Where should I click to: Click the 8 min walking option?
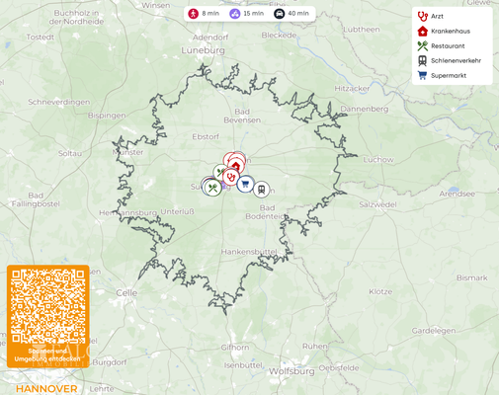coord(205,14)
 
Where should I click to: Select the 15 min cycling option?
coord(247,14)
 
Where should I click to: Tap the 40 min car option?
coord(291,14)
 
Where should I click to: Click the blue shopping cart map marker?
coord(245,184)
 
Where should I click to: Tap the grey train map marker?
coord(262,189)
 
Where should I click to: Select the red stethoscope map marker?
coord(230,178)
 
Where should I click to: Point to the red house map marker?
coord(235,166)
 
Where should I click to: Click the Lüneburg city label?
coord(204,47)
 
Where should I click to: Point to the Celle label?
coord(126,293)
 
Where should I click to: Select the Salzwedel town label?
coord(377,203)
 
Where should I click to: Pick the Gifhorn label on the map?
coord(235,348)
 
